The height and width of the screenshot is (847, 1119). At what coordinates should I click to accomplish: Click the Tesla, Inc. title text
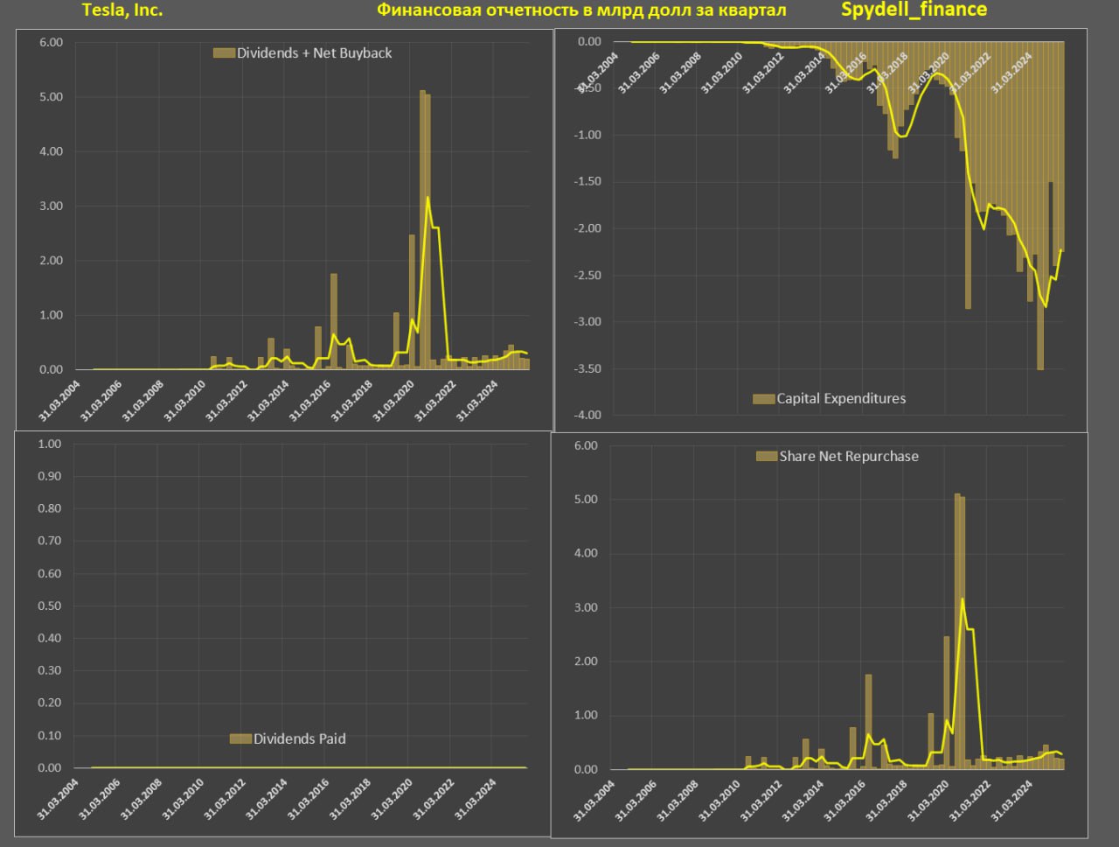[122, 10]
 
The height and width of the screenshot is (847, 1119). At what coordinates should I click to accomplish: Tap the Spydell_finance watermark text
[914, 10]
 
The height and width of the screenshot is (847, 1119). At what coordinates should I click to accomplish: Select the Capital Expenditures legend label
[841, 399]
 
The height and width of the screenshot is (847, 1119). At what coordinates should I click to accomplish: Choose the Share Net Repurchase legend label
[849, 457]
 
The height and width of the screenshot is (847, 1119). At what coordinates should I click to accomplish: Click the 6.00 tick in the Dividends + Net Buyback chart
[52, 43]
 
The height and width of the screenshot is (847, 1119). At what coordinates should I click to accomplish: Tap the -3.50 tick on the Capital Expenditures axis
[587, 369]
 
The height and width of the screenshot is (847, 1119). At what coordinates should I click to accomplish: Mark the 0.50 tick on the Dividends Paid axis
[50, 606]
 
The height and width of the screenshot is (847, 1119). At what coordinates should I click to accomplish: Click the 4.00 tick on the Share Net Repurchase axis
[586, 554]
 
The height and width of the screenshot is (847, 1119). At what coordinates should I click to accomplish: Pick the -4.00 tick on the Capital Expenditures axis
[587, 416]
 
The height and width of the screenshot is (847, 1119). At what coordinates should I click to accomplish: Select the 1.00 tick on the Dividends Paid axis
[50, 444]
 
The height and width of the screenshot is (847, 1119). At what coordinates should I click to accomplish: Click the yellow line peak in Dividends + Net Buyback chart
[427, 198]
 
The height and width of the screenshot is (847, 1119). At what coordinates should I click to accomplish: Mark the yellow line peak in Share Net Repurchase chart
[963, 599]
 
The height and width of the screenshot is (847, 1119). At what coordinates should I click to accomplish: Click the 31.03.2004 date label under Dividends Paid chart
[58, 798]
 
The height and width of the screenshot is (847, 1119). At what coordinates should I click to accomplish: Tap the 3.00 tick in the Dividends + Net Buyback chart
[52, 206]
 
